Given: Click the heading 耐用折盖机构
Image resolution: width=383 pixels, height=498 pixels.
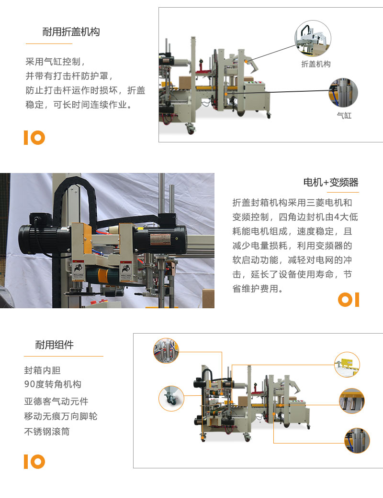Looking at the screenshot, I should pyautogui.click(x=71, y=32).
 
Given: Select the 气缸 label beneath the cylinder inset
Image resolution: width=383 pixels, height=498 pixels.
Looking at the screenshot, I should pyautogui.click(x=344, y=116).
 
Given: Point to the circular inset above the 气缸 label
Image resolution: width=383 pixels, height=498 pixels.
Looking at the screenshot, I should pyautogui.click(x=343, y=93).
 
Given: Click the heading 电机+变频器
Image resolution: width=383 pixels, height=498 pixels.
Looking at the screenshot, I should pyautogui.click(x=331, y=182).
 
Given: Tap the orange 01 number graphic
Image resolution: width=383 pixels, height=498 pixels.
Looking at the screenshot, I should pyautogui.click(x=348, y=300).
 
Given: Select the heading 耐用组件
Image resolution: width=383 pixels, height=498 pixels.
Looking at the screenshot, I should pyautogui.click(x=55, y=345).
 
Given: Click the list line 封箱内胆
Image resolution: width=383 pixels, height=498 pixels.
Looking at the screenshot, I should pyautogui.click(x=43, y=370).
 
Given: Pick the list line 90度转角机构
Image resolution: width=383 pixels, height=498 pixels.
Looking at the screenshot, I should pyautogui.click(x=53, y=384).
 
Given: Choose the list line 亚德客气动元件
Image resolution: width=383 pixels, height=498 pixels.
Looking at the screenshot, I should pyautogui.click(x=56, y=401).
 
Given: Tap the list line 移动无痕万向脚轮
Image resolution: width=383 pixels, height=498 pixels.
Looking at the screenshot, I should pyautogui.click(x=61, y=416).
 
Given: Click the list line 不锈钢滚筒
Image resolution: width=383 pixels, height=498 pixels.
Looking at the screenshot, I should pyautogui.click(x=47, y=431).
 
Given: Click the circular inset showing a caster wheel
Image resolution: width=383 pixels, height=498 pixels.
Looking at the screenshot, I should pyautogui.click(x=171, y=398).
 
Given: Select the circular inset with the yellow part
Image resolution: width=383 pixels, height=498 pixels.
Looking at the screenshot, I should pyautogui.click(x=347, y=365).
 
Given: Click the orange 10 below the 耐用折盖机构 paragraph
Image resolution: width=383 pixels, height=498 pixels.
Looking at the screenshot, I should pyautogui.click(x=34, y=138).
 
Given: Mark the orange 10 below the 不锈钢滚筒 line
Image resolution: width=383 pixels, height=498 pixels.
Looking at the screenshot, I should pyautogui.click(x=34, y=462).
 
